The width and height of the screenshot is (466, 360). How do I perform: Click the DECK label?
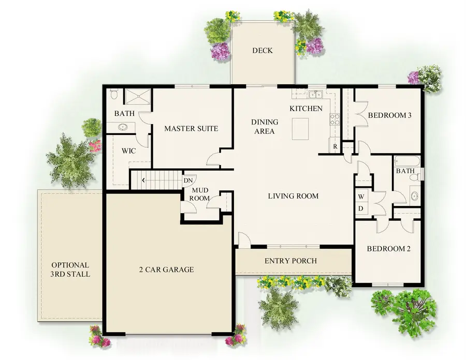tap(262, 51)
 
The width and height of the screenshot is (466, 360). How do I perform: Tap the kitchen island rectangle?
tap(300, 129)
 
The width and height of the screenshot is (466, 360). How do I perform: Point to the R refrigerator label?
tap(335, 147)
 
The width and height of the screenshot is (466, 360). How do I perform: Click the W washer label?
tap(361, 197)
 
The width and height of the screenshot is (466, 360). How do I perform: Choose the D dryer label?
tap(361, 209)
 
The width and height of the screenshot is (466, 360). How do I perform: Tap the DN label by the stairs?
tap(188, 180)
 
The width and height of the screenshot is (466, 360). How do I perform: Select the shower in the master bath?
tap(137, 96)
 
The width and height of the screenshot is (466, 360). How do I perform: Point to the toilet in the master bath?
tap(114, 95)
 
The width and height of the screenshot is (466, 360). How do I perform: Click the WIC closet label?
tap(128, 152)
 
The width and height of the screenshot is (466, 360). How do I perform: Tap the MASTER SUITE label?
tap(191, 128)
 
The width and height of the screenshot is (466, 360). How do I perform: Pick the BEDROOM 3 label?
tap(389, 115)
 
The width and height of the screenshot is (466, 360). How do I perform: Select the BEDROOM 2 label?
tap(388, 249)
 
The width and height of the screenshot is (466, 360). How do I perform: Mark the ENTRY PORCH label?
tap(290, 261)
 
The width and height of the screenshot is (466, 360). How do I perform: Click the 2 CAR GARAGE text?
tap(166, 269)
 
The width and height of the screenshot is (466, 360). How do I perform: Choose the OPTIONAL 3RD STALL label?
tap(70, 269)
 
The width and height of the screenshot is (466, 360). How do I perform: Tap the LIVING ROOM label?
tap(293, 196)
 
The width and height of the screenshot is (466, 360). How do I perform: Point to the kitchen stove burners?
tap(335, 119)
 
